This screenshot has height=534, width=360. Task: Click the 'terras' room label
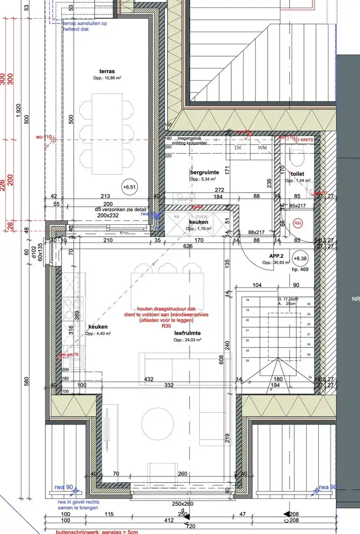[x=107, y=71]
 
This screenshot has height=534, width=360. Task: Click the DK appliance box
[x=238, y=147]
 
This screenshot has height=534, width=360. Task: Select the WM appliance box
[x=262, y=147]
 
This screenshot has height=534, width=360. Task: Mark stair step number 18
[x=247, y=301]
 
